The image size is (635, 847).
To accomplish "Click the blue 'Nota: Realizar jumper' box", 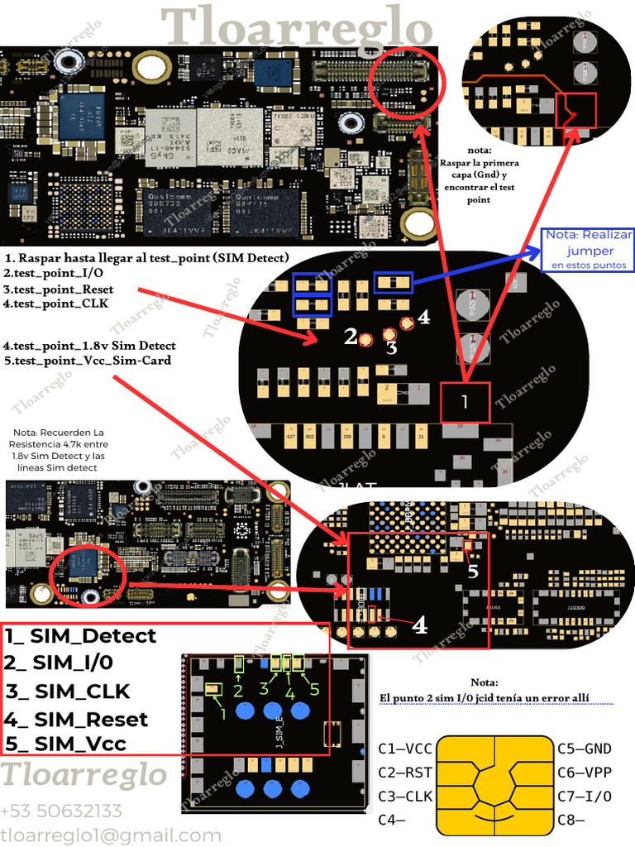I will pyautogui.click(x=588, y=250).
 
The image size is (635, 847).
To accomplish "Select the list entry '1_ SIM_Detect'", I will pyautogui.click(x=80, y=636).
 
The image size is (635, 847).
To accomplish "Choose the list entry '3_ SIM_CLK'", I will pyautogui.click(x=68, y=691).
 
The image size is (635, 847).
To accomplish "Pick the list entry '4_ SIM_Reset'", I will pyautogui.click(x=76, y=719).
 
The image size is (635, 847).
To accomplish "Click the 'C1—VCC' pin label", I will pyautogui.click(x=404, y=749).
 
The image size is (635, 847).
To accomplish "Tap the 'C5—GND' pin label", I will pyautogui.click(x=584, y=749).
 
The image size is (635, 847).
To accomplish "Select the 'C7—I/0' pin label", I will pyautogui.click(x=584, y=797).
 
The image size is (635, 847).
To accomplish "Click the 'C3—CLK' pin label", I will pyautogui.click(x=404, y=797).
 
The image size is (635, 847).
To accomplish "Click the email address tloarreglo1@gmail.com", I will pyautogui.click(x=111, y=835).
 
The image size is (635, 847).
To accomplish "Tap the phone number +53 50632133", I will pyautogui.click(x=61, y=811).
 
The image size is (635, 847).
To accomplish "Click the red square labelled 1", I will pyautogui.click(x=465, y=403).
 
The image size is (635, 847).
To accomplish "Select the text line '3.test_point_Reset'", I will pyautogui.click(x=58, y=289).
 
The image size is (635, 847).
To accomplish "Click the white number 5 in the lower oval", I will pyautogui.click(x=473, y=570).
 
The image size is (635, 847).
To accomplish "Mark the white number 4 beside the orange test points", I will pyautogui.click(x=424, y=317).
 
